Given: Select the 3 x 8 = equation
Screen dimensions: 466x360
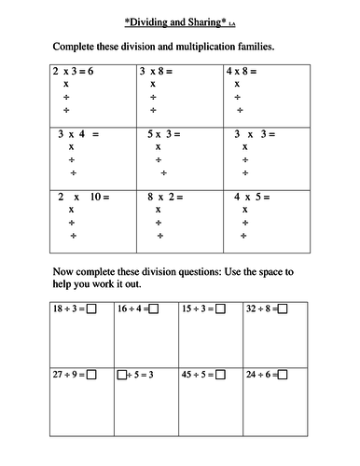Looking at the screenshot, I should [x=160, y=70].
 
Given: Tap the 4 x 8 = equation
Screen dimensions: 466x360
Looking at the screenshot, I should [x=244, y=70].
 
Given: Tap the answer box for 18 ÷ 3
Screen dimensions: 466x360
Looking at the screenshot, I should [x=92, y=308].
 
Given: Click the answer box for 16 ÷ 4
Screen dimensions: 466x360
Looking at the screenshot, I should [x=154, y=308].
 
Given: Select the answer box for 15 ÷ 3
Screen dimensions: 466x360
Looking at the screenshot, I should [x=220, y=308].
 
